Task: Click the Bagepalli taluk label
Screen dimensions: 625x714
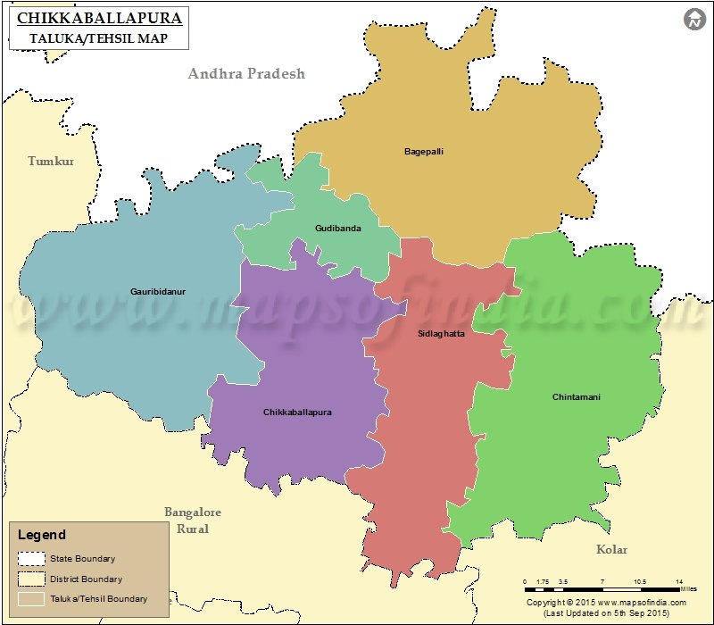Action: (x=423, y=152)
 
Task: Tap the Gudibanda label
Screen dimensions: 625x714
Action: (x=337, y=229)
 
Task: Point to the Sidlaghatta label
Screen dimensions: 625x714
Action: (x=441, y=334)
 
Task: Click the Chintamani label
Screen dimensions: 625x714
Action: (x=576, y=396)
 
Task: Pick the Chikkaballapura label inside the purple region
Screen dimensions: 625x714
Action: (x=297, y=412)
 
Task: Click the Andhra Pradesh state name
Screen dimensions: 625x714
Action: (x=246, y=73)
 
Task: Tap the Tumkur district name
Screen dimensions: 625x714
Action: (x=51, y=162)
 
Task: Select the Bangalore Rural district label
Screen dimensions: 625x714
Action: (x=192, y=521)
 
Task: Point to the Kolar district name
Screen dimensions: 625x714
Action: (x=611, y=550)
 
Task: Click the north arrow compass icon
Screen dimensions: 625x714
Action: (x=694, y=20)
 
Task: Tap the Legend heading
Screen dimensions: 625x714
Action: (x=42, y=535)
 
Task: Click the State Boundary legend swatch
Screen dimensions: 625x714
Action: (x=31, y=559)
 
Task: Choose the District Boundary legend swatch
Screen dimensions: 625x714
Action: (x=31, y=579)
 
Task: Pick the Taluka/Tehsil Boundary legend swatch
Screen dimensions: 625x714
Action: (x=31, y=598)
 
